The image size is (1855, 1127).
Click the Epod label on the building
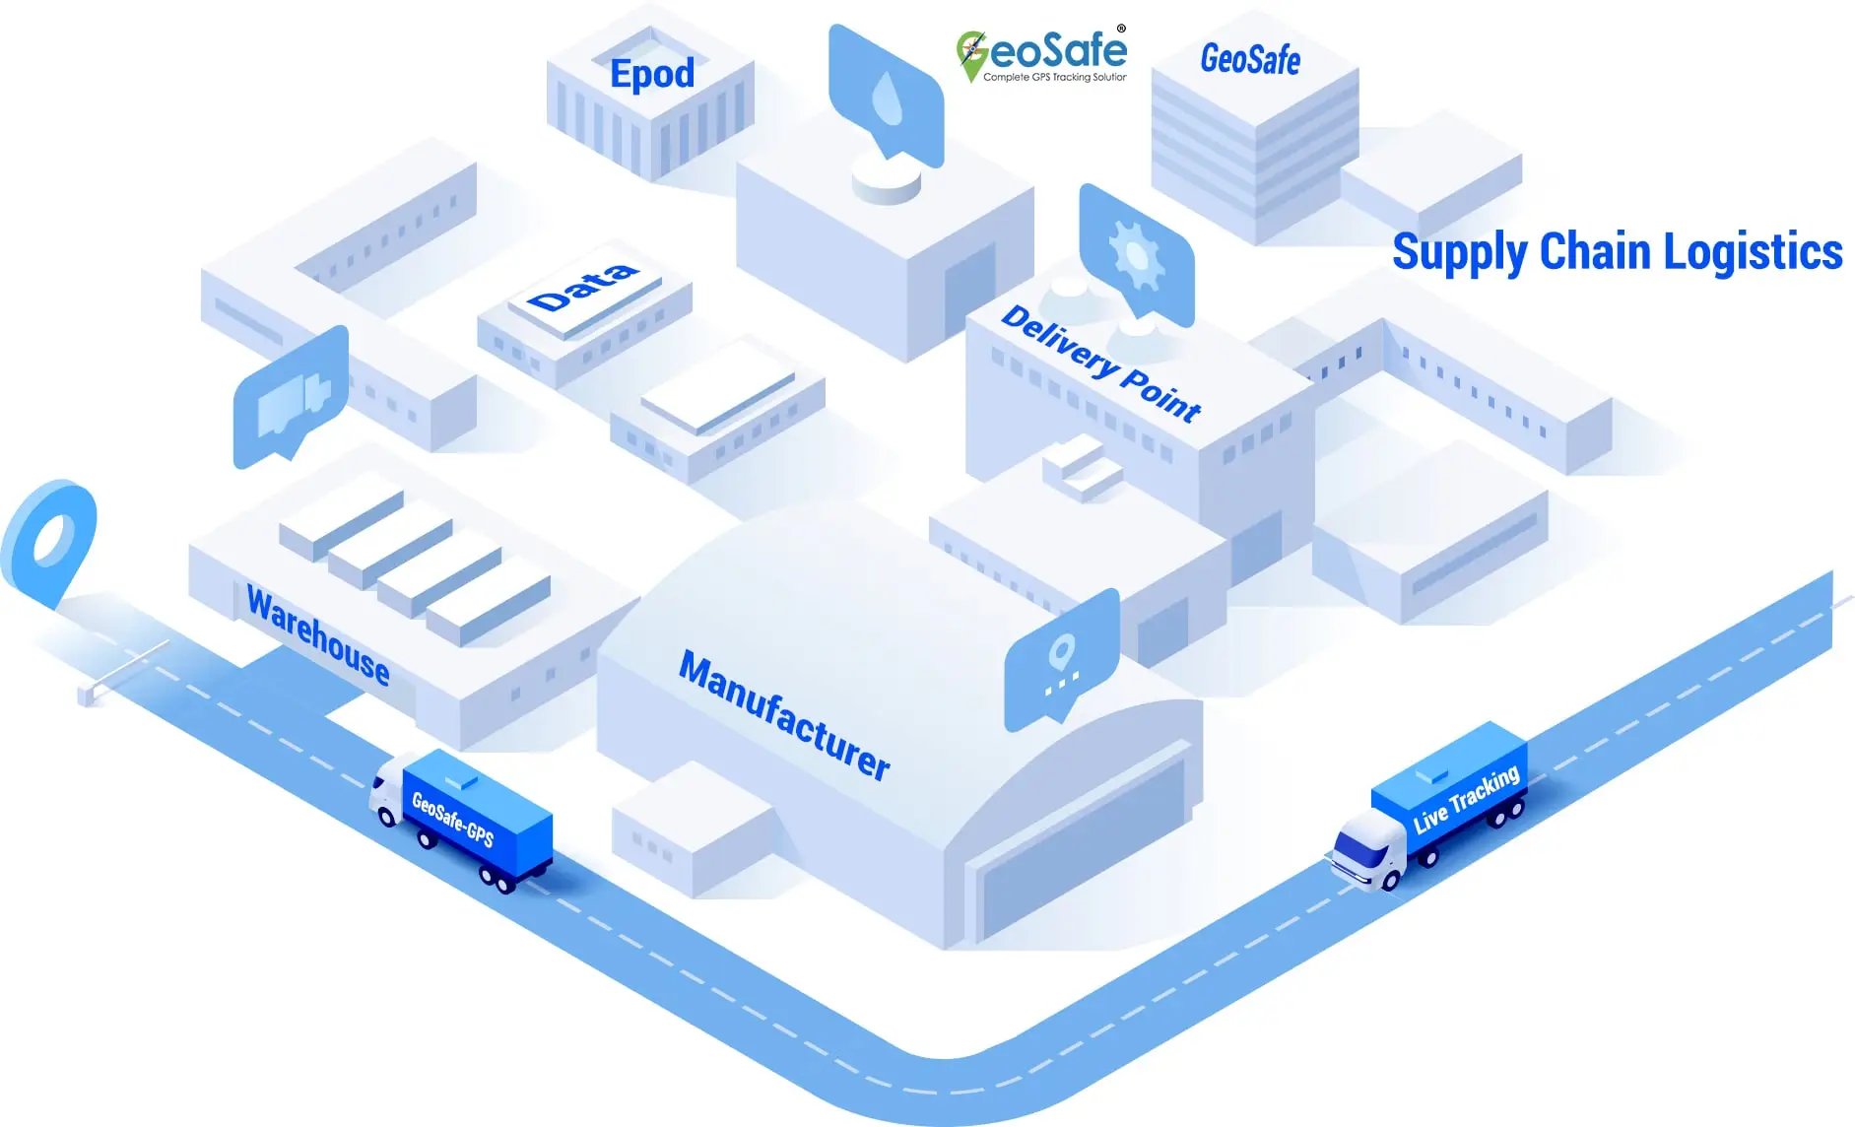coord(652,74)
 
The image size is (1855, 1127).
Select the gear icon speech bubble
coord(1136,254)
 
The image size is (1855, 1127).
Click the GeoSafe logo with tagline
coord(1042,55)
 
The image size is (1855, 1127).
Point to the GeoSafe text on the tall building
coord(1250,59)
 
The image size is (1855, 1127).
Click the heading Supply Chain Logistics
coord(1617,252)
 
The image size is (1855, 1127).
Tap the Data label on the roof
coord(582,287)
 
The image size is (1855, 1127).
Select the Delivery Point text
coord(1100,364)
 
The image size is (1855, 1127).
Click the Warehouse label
coord(317,633)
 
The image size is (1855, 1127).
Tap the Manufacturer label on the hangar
coord(784,714)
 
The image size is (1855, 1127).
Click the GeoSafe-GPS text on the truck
coord(452,818)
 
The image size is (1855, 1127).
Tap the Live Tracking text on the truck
coord(1466,799)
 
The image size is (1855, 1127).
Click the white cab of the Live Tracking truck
coord(1367,849)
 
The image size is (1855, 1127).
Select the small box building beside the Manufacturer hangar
coord(690,832)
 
